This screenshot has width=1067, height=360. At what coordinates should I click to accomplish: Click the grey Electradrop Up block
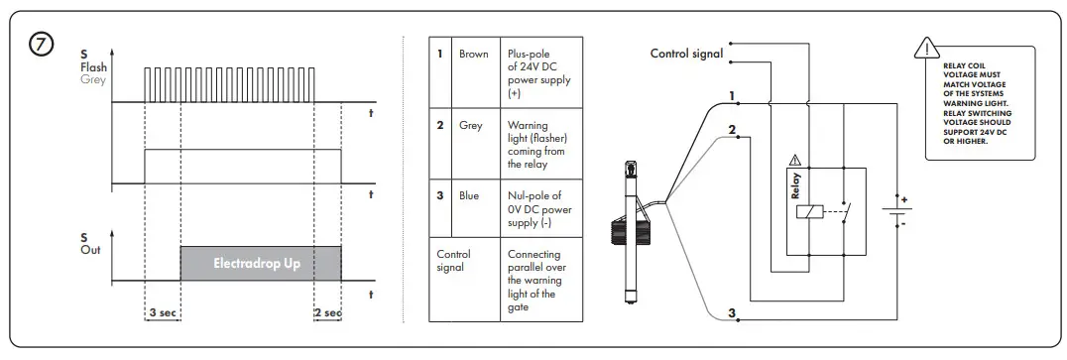260,263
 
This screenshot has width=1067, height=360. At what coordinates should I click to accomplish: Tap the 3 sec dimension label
164,312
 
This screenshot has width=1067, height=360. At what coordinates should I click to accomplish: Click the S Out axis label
90,244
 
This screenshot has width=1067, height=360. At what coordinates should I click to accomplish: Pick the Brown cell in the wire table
473,55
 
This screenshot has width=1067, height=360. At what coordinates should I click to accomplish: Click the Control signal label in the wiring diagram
686,54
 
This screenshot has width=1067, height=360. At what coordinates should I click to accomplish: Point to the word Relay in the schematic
795,185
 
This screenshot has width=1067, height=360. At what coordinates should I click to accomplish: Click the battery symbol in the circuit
896,211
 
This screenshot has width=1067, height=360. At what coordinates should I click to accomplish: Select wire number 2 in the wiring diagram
731,130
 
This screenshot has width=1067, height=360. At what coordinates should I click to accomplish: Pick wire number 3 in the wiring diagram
732,314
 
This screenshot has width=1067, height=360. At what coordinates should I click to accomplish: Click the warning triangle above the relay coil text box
925,47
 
